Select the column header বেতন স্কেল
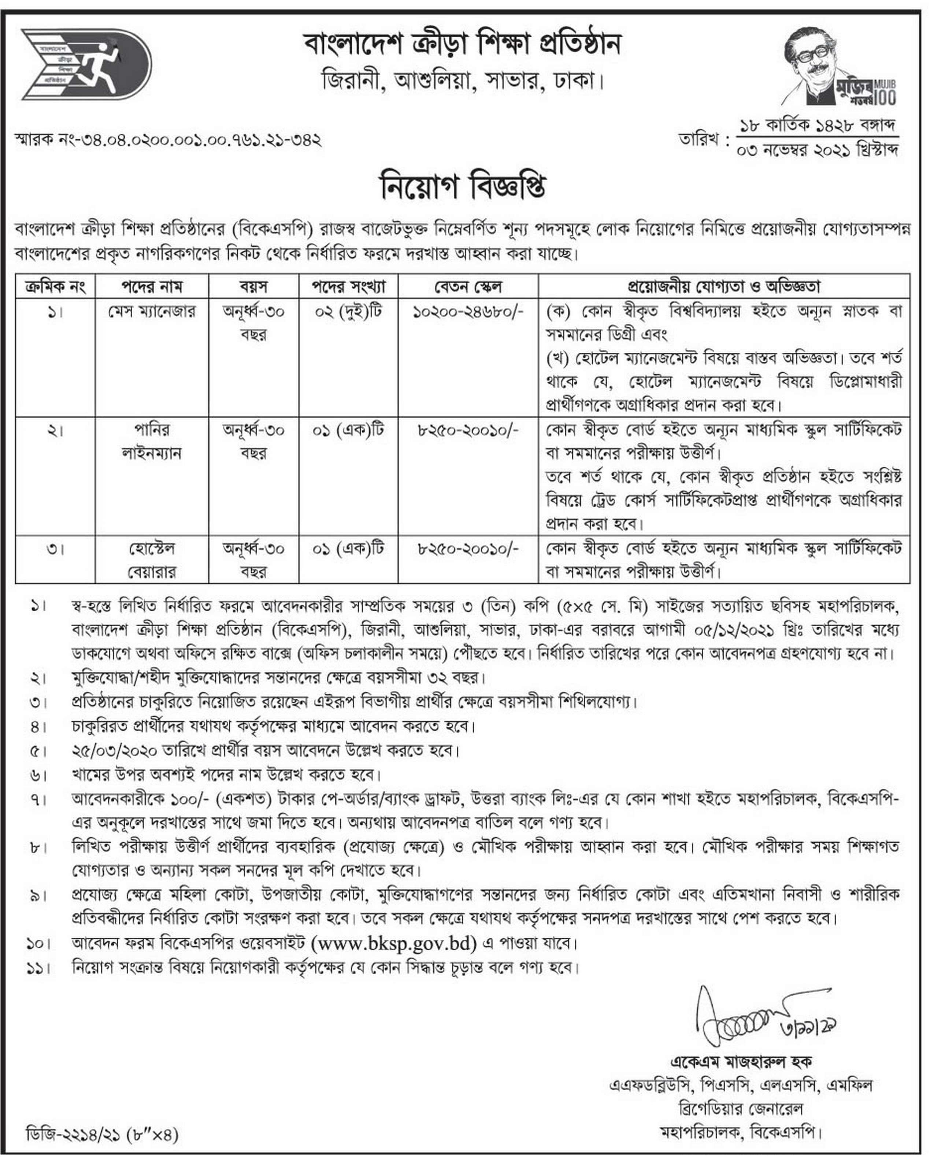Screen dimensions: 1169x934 point(467,286)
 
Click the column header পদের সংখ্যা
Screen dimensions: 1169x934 point(348,286)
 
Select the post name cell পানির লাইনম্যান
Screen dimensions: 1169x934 point(152,441)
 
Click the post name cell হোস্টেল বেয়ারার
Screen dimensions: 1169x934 point(152,560)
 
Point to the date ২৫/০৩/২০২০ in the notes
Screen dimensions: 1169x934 point(114,751)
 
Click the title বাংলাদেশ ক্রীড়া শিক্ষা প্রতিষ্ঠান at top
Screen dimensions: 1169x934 point(463,44)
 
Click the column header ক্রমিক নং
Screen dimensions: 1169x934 point(55,286)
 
